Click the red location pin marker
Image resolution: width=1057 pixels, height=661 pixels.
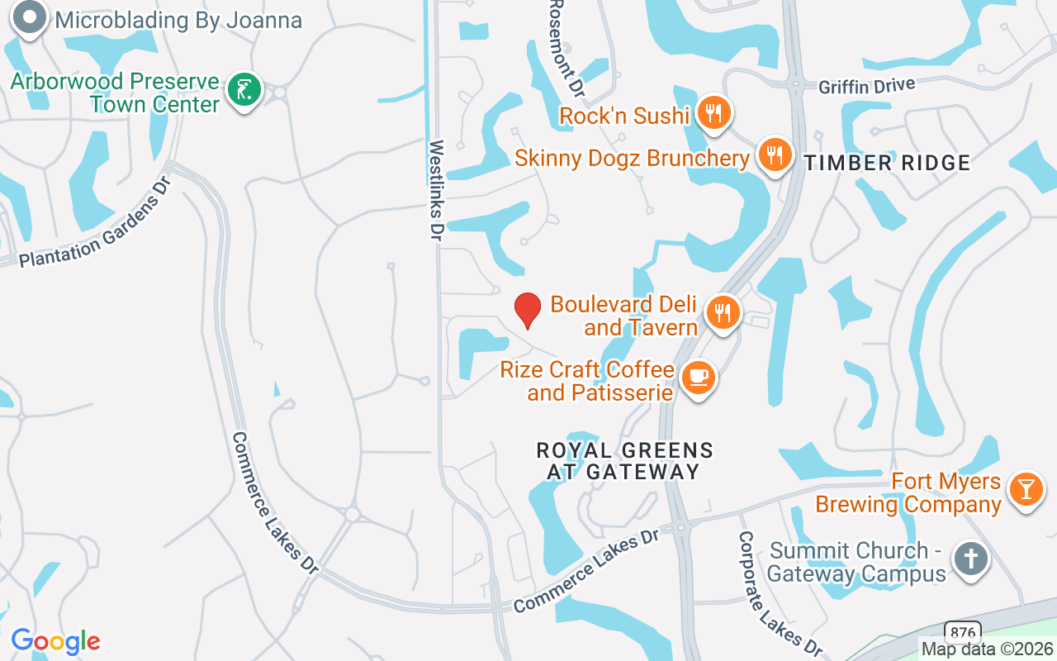click(x=528, y=310)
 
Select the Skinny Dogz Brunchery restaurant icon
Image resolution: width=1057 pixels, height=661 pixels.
click(x=774, y=155)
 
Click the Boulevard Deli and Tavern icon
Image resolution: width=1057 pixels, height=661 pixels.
click(x=723, y=313)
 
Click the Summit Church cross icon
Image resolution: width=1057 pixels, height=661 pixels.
click(x=971, y=559)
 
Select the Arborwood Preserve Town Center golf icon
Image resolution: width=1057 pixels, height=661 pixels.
click(x=244, y=90)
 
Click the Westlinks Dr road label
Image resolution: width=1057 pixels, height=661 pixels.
click(x=436, y=190)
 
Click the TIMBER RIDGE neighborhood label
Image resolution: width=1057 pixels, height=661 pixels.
click(x=888, y=164)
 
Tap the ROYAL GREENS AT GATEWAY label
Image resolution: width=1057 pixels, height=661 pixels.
click(x=624, y=461)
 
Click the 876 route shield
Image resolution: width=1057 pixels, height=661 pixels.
click(x=961, y=630)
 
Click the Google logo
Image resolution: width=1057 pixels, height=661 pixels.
click(x=55, y=641)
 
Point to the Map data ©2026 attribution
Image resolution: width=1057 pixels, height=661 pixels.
click(x=988, y=649)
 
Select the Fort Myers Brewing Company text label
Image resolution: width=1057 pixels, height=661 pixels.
click(x=908, y=492)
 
